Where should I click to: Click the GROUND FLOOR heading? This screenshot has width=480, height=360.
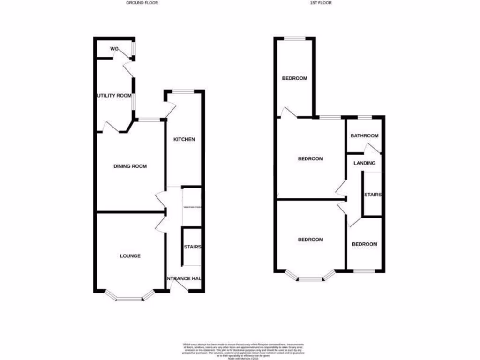[x=142, y=3]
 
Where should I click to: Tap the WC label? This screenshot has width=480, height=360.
[x=114, y=49]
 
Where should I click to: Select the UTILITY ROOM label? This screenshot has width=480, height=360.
[x=114, y=96]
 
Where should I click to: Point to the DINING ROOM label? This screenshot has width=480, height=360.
[x=130, y=166]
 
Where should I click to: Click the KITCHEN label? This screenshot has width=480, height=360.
[x=184, y=139]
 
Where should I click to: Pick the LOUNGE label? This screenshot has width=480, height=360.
[x=130, y=256]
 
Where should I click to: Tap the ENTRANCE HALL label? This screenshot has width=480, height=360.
[x=184, y=278]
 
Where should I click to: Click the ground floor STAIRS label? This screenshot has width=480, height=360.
[x=192, y=247]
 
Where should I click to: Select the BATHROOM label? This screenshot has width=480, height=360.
[x=365, y=136]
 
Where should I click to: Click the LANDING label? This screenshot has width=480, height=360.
[x=365, y=163]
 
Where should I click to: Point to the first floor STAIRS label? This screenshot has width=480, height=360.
[x=373, y=195]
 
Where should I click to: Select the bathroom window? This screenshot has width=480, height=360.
[x=365, y=116]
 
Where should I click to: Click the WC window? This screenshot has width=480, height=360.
[x=134, y=48]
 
